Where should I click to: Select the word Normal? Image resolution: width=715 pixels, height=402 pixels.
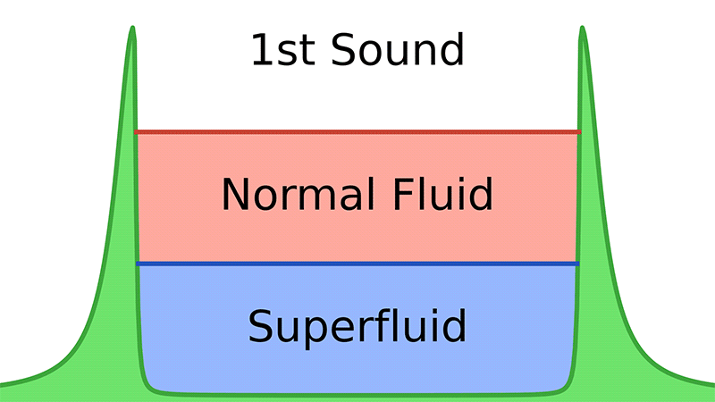[x=295, y=194]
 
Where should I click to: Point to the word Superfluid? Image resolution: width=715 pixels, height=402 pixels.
[x=357, y=327]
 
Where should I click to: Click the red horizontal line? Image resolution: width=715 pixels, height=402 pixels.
[x=357, y=132]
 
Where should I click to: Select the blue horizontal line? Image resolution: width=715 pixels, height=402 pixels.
[x=357, y=264]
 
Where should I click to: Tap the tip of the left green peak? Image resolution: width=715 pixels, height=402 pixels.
[x=133, y=29]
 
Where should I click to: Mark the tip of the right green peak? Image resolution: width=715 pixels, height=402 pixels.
[x=582, y=29]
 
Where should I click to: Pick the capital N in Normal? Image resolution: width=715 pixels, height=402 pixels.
[x=236, y=194]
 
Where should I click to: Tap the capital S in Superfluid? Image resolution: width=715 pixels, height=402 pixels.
[x=261, y=327]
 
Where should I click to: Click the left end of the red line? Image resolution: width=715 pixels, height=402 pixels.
[x=137, y=132]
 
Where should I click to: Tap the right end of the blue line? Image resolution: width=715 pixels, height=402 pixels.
[x=577, y=264]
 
